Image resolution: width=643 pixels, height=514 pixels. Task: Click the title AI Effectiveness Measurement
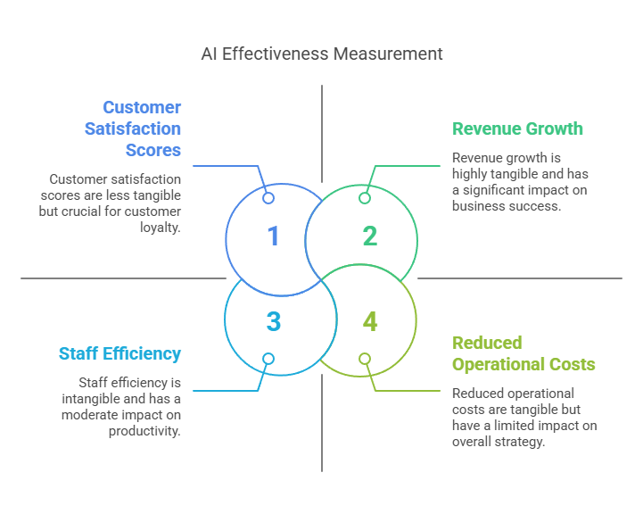coord(321,54)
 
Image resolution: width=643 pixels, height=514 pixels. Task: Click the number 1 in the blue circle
coord(274,236)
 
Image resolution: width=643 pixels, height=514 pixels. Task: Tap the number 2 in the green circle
coord(370,236)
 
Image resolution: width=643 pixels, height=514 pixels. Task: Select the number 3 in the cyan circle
coord(274,321)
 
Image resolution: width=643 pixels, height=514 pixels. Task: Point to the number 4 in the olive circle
coord(370,321)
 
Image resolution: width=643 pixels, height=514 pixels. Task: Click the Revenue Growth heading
coord(517,128)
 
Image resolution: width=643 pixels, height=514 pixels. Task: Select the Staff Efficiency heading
coord(120,353)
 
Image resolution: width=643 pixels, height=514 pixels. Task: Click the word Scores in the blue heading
coord(153,150)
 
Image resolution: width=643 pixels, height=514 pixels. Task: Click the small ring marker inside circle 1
coord(268,198)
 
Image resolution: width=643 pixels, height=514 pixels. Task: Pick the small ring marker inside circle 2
coord(365,198)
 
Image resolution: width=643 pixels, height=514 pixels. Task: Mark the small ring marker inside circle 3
coord(268,359)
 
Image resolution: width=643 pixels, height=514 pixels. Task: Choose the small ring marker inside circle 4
coord(365,359)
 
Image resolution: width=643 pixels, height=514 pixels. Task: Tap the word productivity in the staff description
coord(144,431)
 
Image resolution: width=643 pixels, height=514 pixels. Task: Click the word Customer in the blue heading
coord(142,107)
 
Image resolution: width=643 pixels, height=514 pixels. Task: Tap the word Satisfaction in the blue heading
coord(133,128)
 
